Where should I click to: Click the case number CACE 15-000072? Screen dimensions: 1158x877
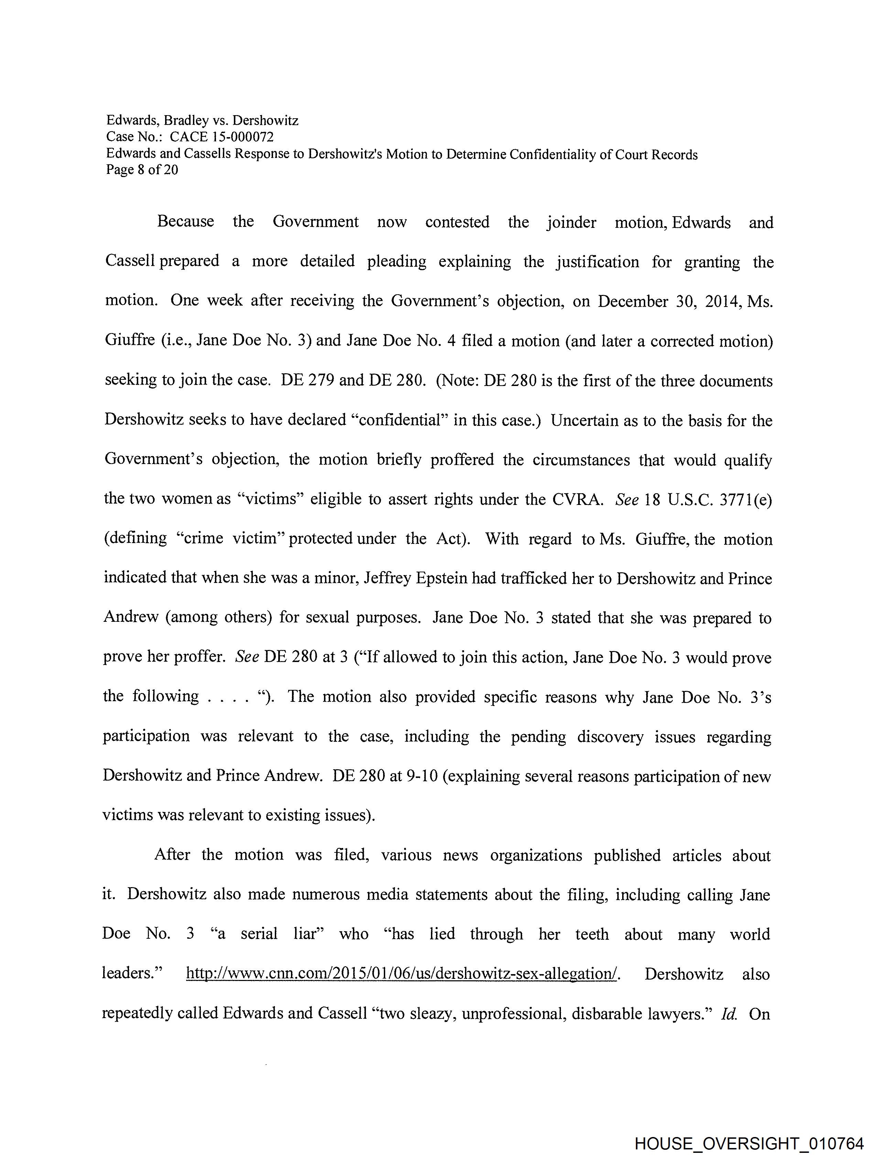[221, 137]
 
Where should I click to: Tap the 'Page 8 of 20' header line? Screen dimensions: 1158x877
[142, 169]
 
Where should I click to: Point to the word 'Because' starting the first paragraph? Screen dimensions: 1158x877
[185, 222]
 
